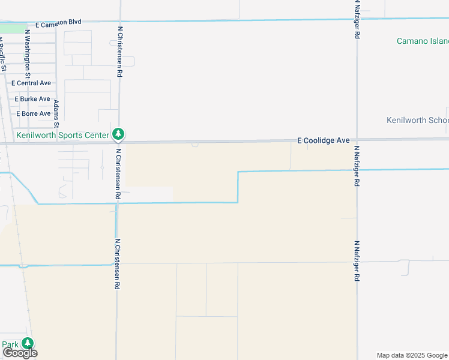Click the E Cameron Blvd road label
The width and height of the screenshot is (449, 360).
(58, 22)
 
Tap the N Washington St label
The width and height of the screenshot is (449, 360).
(27, 53)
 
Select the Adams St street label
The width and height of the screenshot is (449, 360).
(56, 110)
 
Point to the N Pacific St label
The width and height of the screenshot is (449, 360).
(3, 57)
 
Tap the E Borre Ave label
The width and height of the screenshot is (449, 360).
(33, 113)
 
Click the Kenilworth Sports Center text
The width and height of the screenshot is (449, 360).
(63, 135)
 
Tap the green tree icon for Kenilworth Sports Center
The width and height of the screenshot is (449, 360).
(119, 134)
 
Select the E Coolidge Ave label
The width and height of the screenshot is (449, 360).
(324, 140)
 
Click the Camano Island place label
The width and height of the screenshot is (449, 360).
(423, 41)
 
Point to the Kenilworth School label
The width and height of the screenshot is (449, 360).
(418, 120)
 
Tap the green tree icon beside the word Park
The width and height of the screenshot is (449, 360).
(28, 343)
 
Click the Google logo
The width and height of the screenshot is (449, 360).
(20, 353)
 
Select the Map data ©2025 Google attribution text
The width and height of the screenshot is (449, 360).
(412, 355)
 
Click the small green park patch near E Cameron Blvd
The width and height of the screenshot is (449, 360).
(13, 28)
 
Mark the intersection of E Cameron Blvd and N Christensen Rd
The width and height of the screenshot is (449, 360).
(119, 21)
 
